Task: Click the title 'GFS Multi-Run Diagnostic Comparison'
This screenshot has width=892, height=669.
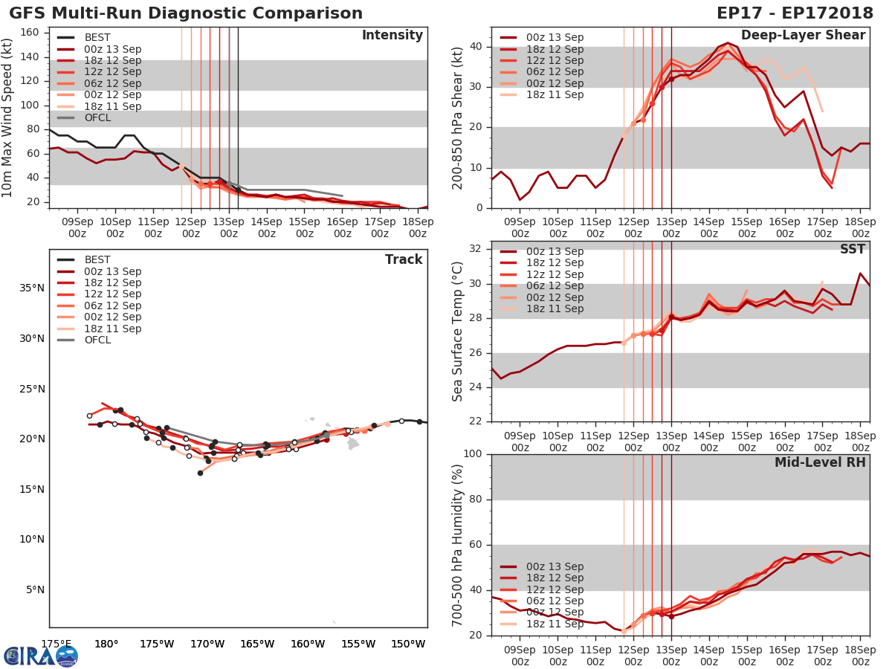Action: [x=186, y=13]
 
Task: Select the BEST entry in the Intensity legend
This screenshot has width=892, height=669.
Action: [x=97, y=38]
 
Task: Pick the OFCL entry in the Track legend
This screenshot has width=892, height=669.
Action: [x=97, y=340]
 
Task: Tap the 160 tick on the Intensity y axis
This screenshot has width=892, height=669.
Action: [x=30, y=33]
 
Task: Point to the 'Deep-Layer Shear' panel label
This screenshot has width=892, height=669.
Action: [x=803, y=36]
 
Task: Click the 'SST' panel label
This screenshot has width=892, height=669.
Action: [x=852, y=250]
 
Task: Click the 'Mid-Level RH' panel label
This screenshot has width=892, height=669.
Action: [x=820, y=462]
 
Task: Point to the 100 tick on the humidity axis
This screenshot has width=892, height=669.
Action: [x=473, y=454]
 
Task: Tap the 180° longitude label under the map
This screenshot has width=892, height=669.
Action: [x=106, y=643]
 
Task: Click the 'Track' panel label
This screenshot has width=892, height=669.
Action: [x=403, y=259]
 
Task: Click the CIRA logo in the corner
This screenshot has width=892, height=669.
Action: [x=40, y=656]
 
